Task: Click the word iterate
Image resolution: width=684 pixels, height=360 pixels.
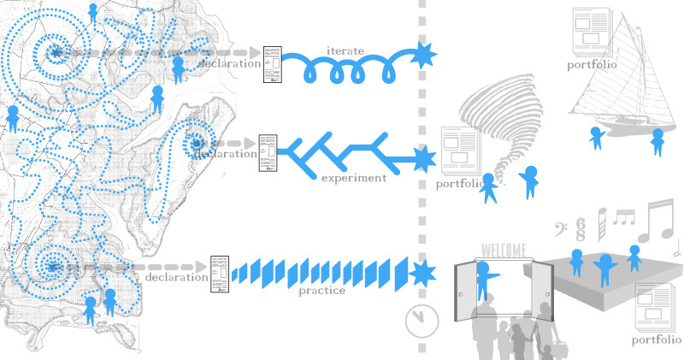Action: click(345, 51)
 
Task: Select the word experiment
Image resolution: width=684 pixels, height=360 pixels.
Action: click(354, 178)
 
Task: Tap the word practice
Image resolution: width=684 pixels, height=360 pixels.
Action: click(322, 291)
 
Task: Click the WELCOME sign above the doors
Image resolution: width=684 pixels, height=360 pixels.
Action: click(504, 251)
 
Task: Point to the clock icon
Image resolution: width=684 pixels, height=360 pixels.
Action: click(422, 321)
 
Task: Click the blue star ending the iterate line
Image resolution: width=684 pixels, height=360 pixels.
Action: click(422, 55)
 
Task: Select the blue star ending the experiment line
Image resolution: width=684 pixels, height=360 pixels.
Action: click(422, 159)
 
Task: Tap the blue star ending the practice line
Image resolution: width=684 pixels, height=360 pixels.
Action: click(422, 273)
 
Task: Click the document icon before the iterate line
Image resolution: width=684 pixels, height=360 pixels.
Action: click(273, 65)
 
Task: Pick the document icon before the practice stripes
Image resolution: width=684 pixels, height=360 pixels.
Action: click(220, 274)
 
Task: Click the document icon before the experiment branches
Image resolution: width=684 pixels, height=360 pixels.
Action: click(268, 153)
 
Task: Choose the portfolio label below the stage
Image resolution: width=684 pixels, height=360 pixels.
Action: click(657, 340)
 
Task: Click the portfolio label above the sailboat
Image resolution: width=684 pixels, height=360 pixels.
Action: click(592, 65)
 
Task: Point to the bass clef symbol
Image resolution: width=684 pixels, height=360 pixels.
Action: click(561, 229)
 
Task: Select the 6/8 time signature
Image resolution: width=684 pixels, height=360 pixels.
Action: click(581, 229)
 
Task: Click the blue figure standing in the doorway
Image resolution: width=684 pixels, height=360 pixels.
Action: click(484, 280)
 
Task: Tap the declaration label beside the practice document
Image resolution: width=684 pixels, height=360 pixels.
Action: click(176, 277)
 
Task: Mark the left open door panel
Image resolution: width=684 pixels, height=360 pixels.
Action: click(465, 291)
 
